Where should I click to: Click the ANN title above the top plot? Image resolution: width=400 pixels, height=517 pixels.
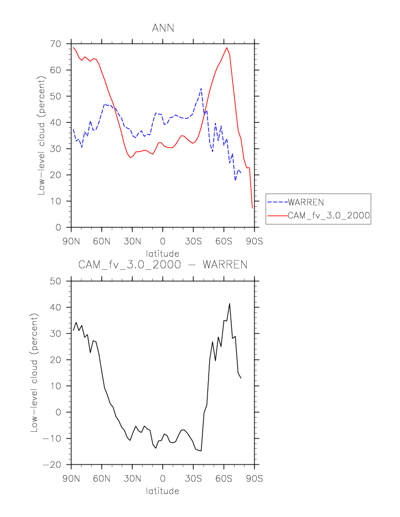click(x=163, y=28)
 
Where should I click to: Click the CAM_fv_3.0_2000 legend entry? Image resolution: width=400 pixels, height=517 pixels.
click(x=328, y=216)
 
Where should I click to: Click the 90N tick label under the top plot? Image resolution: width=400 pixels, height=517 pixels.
click(x=71, y=241)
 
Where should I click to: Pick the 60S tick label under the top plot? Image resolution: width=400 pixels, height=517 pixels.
click(x=224, y=241)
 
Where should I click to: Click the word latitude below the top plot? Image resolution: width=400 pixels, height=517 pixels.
click(x=163, y=253)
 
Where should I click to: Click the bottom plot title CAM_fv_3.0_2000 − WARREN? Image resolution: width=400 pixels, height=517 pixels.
click(x=163, y=265)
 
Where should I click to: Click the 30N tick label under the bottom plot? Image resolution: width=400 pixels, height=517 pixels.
click(x=132, y=478)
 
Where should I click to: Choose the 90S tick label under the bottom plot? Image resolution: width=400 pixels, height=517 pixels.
click(x=254, y=478)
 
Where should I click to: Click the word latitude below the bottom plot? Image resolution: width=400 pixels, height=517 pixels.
click(x=163, y=490)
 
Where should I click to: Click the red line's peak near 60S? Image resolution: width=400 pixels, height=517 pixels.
click(x=227, y=48)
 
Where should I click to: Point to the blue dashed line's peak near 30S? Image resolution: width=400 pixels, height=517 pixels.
click(x=201, y=88)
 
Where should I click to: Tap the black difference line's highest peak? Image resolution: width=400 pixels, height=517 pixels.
click(x=230, y=304)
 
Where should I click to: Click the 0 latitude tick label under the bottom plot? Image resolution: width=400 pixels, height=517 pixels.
click(x=163, y=478)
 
